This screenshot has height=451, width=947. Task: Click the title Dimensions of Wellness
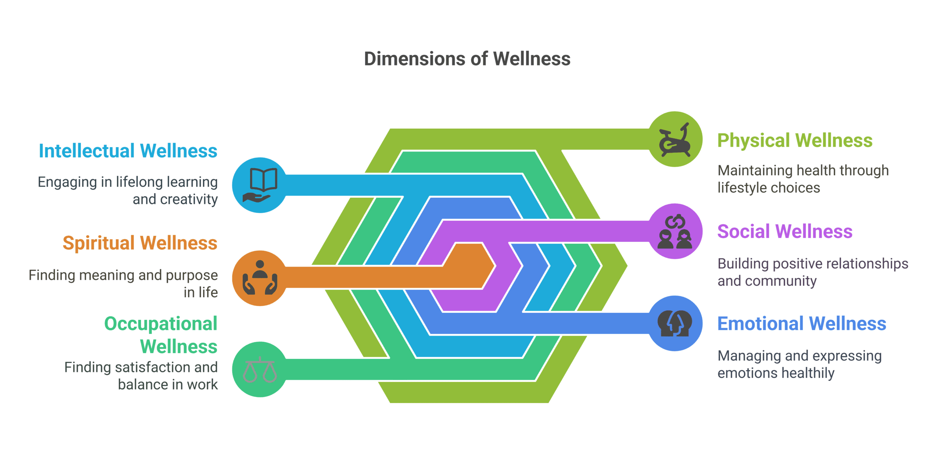tap(467, 59)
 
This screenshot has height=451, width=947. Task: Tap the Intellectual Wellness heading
tap(128, 151)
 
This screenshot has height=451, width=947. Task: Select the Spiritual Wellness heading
tap(140, 243)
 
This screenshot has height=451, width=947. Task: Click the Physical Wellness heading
tap(795, 140)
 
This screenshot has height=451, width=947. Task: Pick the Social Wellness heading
tap(785, 231)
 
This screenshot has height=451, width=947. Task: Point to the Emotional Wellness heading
tap(802, 323)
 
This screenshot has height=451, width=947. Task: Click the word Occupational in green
tap(161, 324)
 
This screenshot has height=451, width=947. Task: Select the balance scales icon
tap(260, 369)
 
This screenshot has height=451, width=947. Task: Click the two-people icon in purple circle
tap(675, 232)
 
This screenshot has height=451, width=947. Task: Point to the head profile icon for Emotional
tap(675, 323)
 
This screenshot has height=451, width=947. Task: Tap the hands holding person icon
tap(260, 278)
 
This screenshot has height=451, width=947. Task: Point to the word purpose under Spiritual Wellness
tap(196, 275)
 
